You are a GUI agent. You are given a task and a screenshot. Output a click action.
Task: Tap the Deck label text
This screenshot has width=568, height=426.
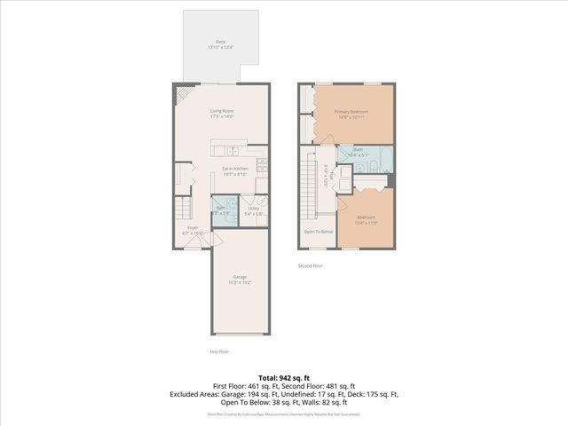point(220,41)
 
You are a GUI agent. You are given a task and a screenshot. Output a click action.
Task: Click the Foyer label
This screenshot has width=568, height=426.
point(192,227)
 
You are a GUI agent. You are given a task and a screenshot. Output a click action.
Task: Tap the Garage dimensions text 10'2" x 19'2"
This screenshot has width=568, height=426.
point(240,281)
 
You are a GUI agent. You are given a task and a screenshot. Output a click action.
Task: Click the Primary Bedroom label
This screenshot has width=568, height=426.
point(351,111)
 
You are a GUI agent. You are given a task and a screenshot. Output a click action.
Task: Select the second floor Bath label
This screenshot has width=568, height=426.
point(358,150)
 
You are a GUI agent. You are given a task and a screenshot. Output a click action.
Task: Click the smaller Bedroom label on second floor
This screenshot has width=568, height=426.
point(367,217)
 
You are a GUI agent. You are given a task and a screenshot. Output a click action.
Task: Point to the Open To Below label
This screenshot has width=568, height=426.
point(318,232)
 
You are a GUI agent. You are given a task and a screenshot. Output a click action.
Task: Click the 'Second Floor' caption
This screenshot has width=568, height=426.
point(311,265)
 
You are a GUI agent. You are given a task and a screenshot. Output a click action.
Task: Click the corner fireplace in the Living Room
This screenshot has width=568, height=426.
point(183,92)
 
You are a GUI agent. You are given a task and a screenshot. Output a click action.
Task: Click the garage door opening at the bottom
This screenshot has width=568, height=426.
point(240,335)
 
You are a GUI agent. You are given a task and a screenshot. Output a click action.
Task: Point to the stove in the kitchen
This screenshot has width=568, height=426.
point(263,164)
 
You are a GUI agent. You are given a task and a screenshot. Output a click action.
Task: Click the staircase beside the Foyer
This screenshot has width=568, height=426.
point(183,209)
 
